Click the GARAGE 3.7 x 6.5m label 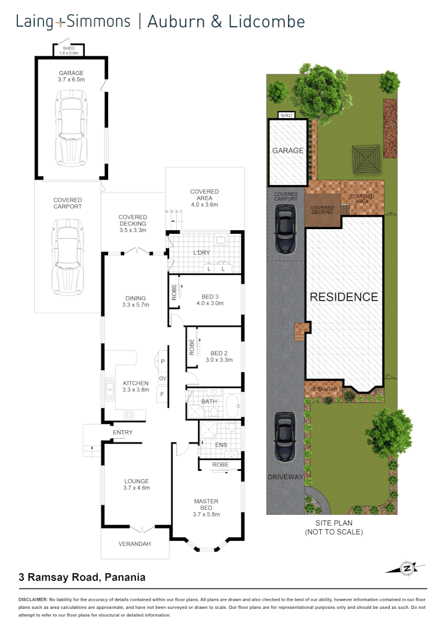pyautogui.click(x=71, y=77)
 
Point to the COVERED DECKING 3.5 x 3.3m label pyautogui.click(x=132, y=223)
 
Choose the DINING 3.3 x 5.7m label pyautogui.click(x=135, y=301)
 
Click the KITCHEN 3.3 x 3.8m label pyautogui.click(x=135, y=386)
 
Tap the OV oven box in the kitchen pyautogui.click(x=163, y=379)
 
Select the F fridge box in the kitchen pyautogui.click(x=163, y=394)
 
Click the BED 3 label pyautogui.click(x=210, y=299)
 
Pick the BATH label pyautogui.click(x=209, y=401)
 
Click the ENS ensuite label pyautogui.click(x=220, y=445)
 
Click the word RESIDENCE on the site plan pyautogui.click(x=343, y=297)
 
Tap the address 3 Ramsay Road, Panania pyautogui.click(x=82, y=577)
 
